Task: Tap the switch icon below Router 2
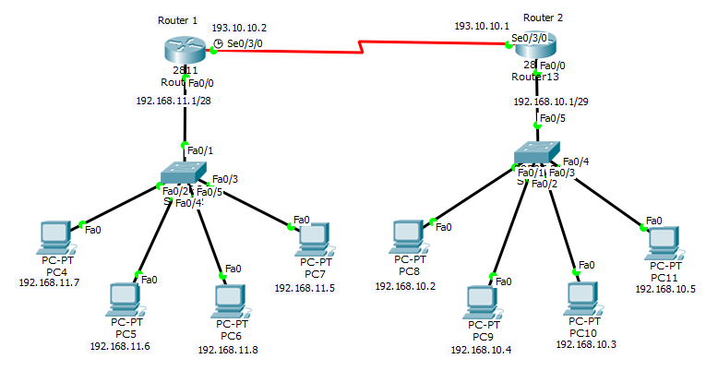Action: point(537,153)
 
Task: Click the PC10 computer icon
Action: point(581,296)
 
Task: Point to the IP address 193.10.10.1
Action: point(482,27)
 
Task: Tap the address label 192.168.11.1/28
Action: point(174,101)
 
